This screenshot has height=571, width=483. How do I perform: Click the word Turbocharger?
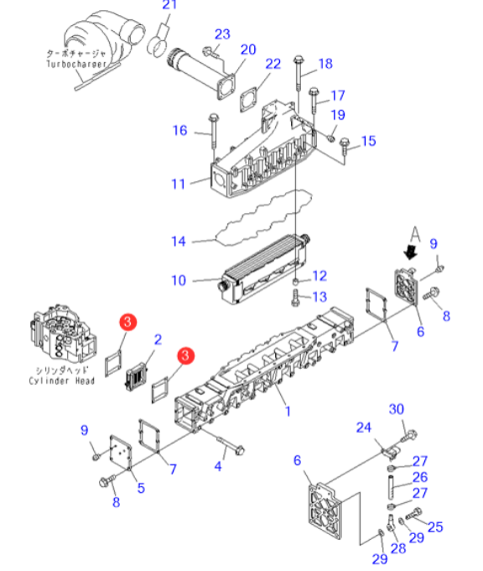76,64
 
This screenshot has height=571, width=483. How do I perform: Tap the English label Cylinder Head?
61,381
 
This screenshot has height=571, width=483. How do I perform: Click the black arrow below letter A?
411,252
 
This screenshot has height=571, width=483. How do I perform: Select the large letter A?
415,234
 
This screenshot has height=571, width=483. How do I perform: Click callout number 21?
169,5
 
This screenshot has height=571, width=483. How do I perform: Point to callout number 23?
222,34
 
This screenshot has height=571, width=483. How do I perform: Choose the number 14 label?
179,241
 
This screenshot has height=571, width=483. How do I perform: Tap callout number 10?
179,280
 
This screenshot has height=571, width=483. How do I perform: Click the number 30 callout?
397,409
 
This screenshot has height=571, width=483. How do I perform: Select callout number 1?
288,411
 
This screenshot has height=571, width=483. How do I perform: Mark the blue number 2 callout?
158,340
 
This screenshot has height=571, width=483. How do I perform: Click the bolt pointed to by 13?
295,298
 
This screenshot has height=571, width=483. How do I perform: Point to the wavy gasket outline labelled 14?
264,218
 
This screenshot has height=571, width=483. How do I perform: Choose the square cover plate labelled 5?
121,452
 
